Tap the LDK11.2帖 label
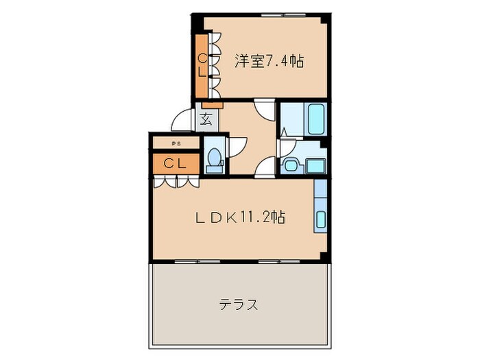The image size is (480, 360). click(x=239, y=218)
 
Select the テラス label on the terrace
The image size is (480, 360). click(x=239, y=304)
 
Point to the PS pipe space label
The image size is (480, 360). click(x=176, y=143)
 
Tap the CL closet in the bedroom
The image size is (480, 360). click(x=202, y=65)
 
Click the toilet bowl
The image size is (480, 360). click(x=214, y=158)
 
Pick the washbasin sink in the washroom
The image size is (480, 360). click(x=291, y=164)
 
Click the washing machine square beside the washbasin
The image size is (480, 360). click(x=316, y=165)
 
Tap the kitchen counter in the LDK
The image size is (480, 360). click(x=322, y=206)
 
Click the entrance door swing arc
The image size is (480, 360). click(x=182, y=121)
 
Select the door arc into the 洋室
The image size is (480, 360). click(x=263, y=110)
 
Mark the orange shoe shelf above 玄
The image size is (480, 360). click(x=213, y=105)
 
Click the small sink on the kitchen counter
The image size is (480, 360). click(x=322, y=219)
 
